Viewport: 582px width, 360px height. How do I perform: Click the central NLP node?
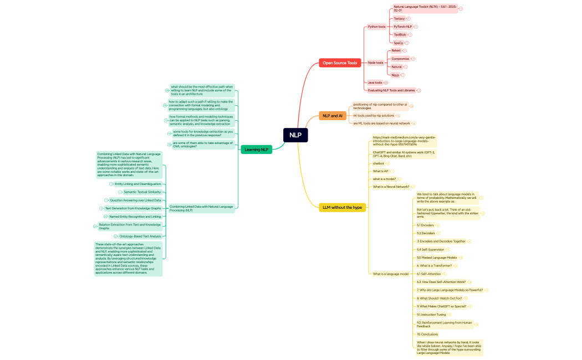(x=295, y=135)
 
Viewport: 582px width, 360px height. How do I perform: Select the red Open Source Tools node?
(x=340, y=63)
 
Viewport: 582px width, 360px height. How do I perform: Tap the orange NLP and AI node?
(x=333, y=116)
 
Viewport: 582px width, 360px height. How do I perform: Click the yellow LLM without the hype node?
(x=342, y=207)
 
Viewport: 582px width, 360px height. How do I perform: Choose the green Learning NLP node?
(x=256, y=149)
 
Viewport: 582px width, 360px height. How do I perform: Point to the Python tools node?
(x=376, y=27)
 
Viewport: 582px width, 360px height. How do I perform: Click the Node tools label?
(x=375, y=63)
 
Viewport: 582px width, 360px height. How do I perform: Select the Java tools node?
(x=375, y=83)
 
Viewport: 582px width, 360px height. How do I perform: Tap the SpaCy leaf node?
(x=398, y=43)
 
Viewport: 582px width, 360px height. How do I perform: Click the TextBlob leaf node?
(x=400, y=34)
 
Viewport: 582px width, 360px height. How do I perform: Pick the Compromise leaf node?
(x=400, y=59)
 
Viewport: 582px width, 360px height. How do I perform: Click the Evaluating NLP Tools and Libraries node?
(x=391, y=90)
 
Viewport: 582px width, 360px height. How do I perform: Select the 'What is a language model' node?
(x=390, y=274)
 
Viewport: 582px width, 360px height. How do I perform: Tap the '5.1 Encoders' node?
(x=425, y=225)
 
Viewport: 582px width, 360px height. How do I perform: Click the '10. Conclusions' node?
(x=427, y=334)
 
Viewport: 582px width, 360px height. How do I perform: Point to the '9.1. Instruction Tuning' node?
(x=431, y=315)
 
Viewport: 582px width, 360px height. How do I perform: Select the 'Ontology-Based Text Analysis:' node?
(x=140, y=236)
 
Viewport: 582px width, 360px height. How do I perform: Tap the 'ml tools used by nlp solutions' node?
(x=374, y=115)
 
